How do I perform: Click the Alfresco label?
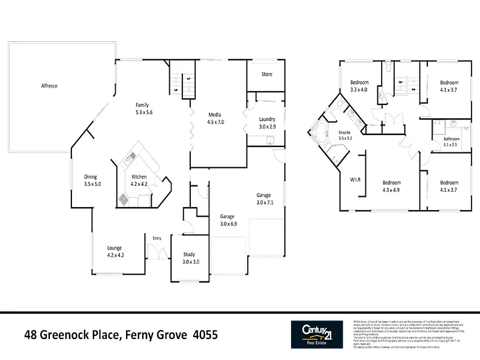coord(49,86)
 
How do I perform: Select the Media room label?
coord(215,115)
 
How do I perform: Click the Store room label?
coord(267,74)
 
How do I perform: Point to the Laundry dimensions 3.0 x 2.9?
coord(267,127)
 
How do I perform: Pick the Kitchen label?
coord(139,176)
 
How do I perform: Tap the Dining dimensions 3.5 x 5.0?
coord(92,184)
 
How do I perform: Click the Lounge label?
coord(115,247)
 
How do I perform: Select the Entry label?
coord(157,238)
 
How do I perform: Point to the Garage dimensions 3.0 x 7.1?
coord(265,202)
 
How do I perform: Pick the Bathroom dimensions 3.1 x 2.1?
coord(451,145)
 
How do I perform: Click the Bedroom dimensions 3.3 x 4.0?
coord(359,90)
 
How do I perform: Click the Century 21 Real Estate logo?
coord(317,334)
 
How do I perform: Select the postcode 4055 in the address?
coord(205,334)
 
